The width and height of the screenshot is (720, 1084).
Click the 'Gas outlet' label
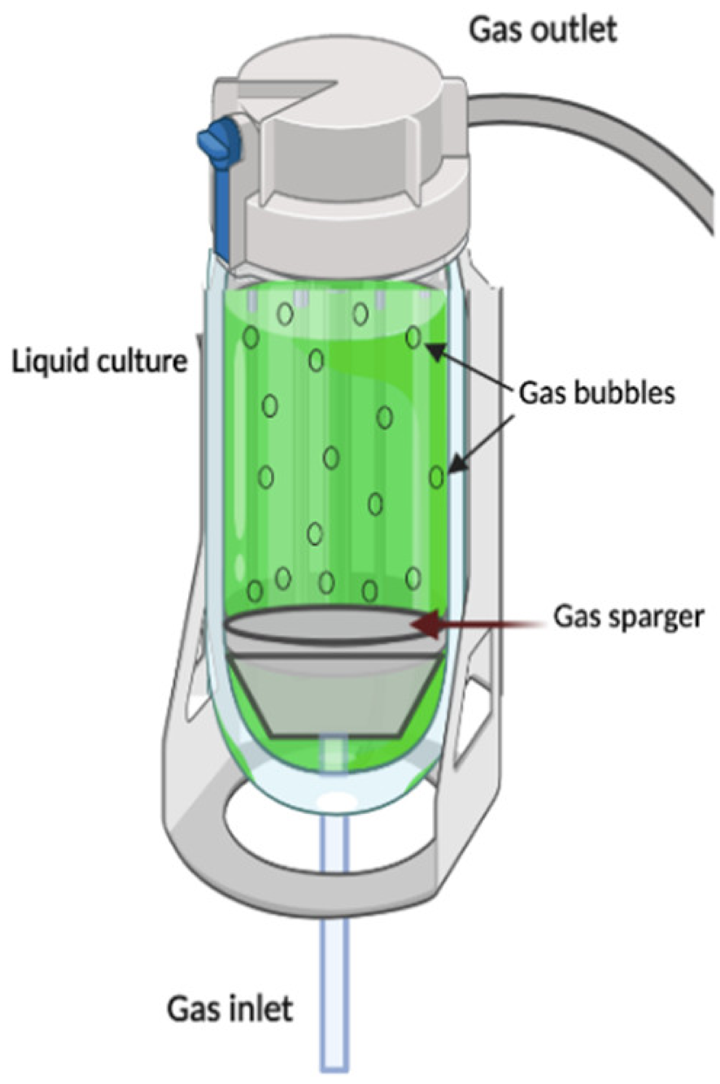[542, 30]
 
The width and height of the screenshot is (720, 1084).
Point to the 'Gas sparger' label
[628, 617]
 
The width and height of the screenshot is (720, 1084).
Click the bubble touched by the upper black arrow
[414, 338]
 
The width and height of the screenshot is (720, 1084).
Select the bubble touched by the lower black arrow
[437, 477]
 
